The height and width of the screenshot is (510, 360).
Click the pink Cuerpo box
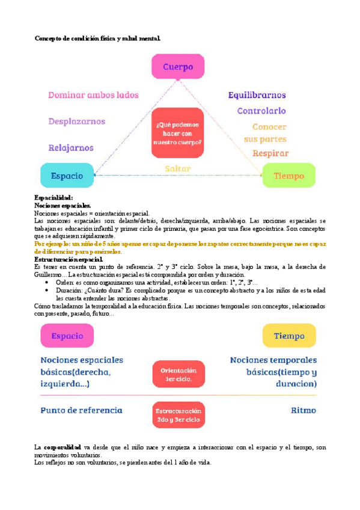point(178,67)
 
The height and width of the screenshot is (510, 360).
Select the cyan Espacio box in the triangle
point(67,176)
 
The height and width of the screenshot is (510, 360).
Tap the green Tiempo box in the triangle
point(288,176)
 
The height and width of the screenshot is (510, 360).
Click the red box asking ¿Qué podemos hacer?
point(178,133)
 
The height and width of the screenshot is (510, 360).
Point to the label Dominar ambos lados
point(93,95)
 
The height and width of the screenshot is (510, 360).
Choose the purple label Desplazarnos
point(77,121)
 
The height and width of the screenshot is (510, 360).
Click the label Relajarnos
point(71,148)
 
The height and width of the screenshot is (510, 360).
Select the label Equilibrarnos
point(257,95)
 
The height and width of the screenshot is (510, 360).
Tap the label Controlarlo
point(261,111)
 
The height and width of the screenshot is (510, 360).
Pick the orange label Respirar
point(270,153)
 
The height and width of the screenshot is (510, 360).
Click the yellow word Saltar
point(178,169)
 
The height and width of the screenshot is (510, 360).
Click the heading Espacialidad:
point(54,198)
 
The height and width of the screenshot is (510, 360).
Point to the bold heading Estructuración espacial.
point(69,259)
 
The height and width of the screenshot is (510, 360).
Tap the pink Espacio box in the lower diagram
point(67,336)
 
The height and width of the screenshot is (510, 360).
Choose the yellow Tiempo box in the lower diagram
point(289,336)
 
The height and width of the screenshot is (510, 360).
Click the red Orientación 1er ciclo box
point(178,374)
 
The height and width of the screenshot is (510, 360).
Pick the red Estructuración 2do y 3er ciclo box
point(178,414)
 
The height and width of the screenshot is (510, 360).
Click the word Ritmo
point(304,411)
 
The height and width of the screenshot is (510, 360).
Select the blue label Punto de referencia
point(81,411)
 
